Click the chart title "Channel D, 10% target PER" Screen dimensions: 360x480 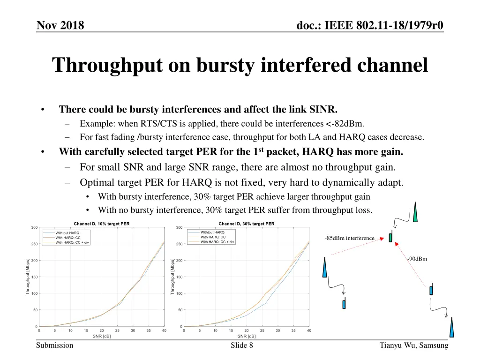click(102, 224)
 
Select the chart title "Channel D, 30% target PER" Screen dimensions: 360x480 click(247, 224)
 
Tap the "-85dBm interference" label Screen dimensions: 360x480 click(350, 238)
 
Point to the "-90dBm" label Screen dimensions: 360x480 click(417, 259)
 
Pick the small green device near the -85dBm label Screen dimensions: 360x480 click(390, 237)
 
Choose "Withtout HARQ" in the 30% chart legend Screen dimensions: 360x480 click(212, 232)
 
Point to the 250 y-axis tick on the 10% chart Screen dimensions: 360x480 click(34, 244)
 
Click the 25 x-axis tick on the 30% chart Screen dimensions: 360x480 click(262, 330)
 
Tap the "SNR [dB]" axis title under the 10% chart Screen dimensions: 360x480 click(102, 336)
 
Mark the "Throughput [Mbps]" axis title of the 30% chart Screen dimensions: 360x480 click(172, 277)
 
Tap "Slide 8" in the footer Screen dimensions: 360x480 click(242, 345)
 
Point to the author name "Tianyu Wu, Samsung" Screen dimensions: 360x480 click(414, 345)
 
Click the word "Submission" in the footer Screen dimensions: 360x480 click(55, 345)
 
